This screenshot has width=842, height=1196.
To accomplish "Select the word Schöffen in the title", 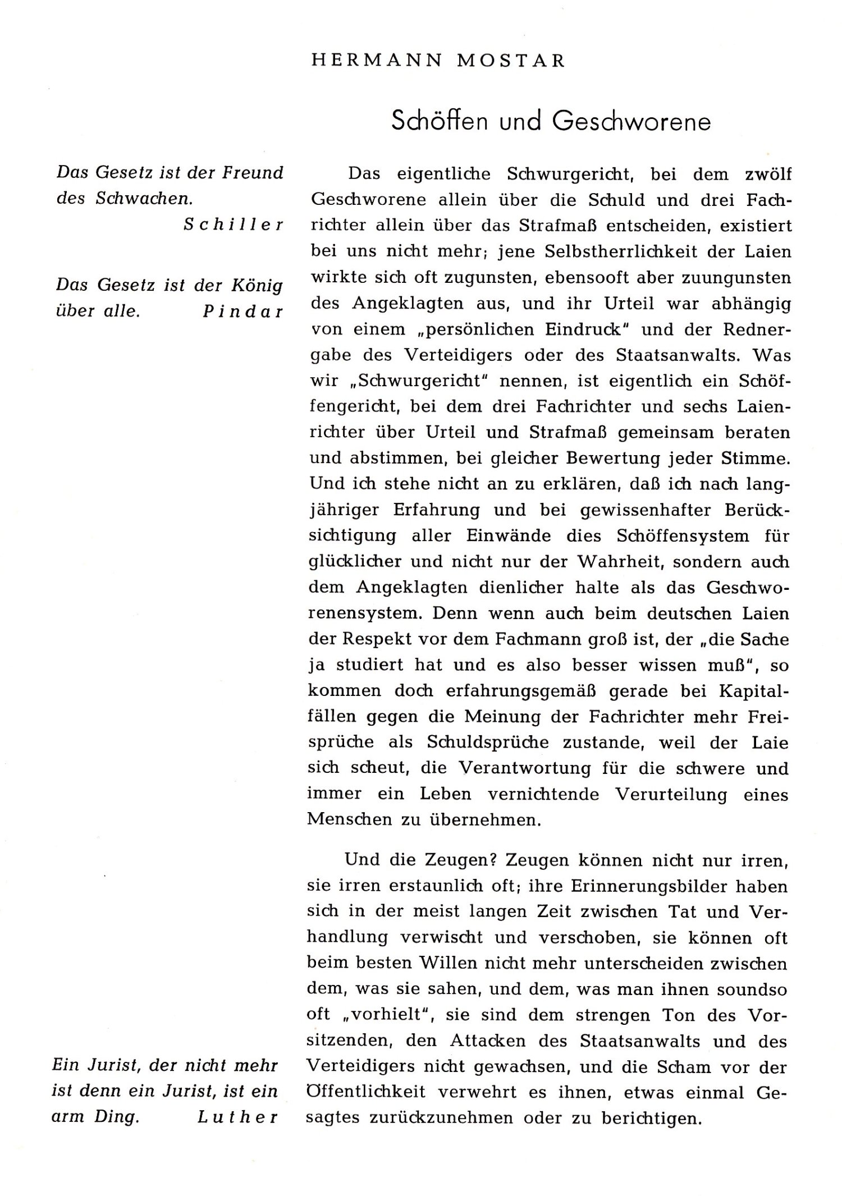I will click(x=439, y=121).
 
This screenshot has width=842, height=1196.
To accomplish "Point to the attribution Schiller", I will click(x=234, y=225).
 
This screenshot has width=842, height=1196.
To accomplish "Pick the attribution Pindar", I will click(x=243, y=311).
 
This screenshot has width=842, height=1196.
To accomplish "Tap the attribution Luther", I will click(x=238, y=1117).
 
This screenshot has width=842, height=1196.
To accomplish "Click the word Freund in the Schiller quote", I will click(x=253, y=173).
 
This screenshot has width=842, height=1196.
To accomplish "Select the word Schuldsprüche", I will click(x=488, y=743).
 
